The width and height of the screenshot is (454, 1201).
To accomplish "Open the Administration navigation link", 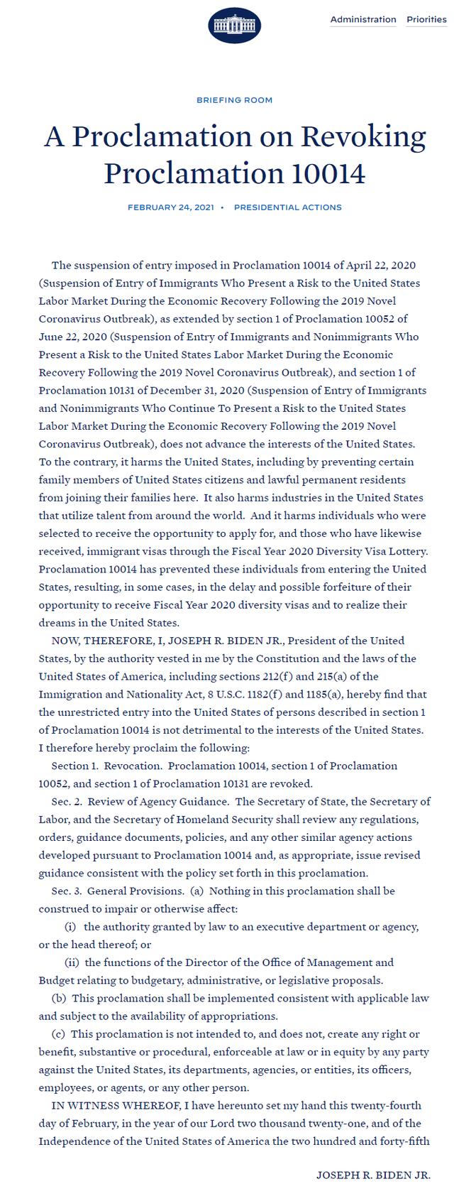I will coord(363,19).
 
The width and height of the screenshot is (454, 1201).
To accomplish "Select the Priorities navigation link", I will coord(426,19).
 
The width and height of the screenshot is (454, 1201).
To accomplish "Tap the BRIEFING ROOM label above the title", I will coord(234,100).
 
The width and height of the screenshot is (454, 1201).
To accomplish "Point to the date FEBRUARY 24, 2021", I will coord(170,207).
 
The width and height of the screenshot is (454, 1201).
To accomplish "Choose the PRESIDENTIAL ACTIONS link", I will coord(287,207).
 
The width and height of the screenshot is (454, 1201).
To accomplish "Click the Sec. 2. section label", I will coord(67,802).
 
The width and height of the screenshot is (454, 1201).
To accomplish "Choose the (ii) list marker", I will coord(72,963).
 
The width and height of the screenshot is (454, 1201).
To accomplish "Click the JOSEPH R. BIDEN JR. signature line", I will coord(373,1175).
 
